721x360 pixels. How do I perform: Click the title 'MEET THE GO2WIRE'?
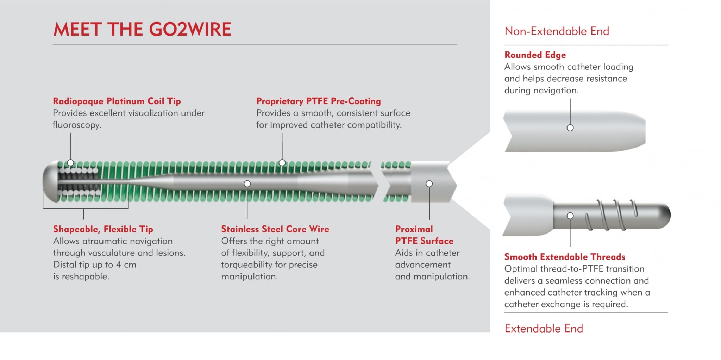(142, 29)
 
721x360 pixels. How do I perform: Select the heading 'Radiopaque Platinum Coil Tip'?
(117, 101)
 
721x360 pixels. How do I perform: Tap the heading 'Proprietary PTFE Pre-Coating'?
(318, 101)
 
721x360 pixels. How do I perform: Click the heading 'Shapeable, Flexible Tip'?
(103, 229)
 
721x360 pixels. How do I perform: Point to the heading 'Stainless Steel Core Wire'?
(275, 229)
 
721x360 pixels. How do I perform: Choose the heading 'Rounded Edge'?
(535, 55)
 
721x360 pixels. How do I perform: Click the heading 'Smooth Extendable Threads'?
(565, 257)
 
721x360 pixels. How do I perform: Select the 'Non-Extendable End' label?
(557, 31)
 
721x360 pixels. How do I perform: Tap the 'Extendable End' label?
(544, 328)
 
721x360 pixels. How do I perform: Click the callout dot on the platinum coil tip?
(70, 163)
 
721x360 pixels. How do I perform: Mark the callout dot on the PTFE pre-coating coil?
(282, 163)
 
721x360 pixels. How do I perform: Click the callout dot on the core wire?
(247, 184)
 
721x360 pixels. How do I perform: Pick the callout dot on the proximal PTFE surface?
(429, 184)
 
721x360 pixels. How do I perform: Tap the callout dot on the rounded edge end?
(570, 128)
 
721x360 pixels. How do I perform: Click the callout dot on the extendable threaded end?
(570, 216)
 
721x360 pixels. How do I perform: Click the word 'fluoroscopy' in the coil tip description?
(76, 125)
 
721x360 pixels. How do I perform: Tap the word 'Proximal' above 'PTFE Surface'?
(414, 229)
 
